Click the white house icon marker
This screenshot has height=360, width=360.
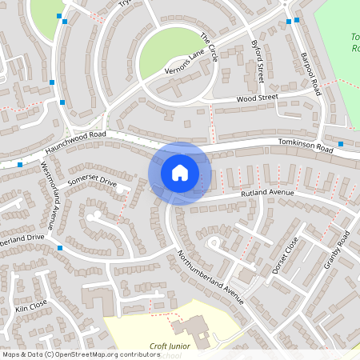click(180, 173)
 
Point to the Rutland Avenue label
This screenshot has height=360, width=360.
click(266, 194)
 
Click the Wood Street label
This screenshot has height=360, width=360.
click(257, 98)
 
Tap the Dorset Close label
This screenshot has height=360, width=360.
click(284, 254)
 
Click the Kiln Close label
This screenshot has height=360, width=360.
click(31, 306)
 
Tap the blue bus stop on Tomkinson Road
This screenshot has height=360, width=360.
click(341, 144)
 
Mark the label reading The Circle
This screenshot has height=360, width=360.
click(209, 44)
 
